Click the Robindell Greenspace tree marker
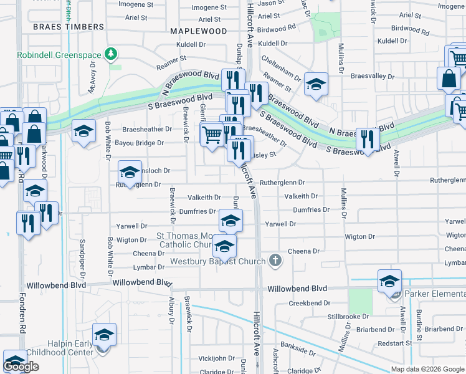[x=112, y=55]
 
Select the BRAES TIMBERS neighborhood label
[x=68, y=27]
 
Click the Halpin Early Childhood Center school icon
[x=104, y=335]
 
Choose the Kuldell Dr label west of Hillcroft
[x=191, y=45]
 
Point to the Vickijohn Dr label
[x=216, y=359]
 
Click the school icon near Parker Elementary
[x=389, y=282]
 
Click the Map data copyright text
[x=427, y=369]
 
